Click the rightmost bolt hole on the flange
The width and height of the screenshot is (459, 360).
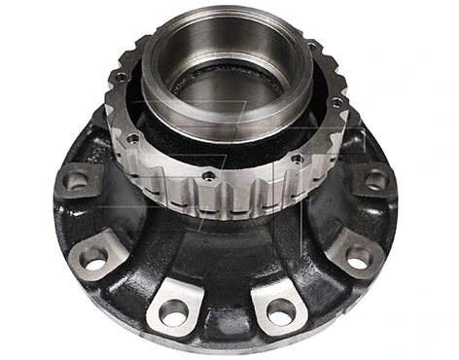click(x=375, y=180)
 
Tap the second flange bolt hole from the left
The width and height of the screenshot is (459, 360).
click(x=94, y=258)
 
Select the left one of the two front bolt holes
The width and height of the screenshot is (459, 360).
click(x=174, y=313)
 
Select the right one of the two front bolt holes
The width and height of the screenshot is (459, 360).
click(x=280, y=312)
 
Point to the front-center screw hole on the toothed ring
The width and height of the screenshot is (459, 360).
click(x=207, y=176)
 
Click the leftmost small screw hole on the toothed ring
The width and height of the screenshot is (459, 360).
click(x=122, y=76)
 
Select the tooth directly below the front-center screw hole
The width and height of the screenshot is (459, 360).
click(x=208, y=199)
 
